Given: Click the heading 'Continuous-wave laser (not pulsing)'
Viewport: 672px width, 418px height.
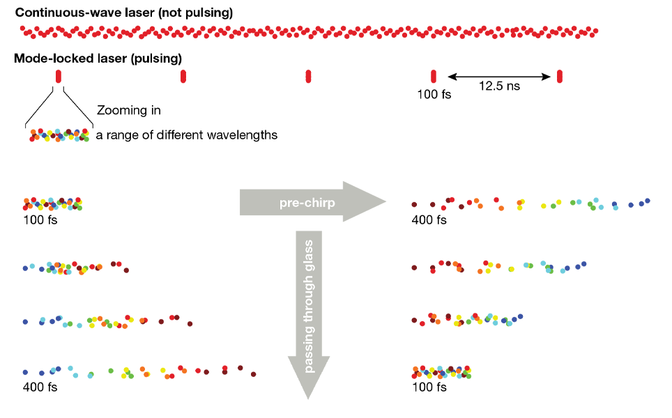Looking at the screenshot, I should tap(124, 13).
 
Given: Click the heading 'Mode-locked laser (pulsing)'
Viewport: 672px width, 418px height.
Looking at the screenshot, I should tap(98, 58).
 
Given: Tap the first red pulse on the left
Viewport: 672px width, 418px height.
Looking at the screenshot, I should tap(58, 76).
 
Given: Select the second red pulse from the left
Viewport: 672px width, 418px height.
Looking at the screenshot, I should tap(183, 76).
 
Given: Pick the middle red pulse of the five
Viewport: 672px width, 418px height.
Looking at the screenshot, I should tap(308, 76).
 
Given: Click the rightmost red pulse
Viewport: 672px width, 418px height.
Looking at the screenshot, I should tap(560, 76).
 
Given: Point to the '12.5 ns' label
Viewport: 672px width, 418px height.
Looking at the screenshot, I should tap(499, 87).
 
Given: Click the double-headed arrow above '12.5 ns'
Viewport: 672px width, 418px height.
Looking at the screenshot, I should tap(499, 76).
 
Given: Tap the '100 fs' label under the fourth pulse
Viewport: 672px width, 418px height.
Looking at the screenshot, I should tap(434, 94).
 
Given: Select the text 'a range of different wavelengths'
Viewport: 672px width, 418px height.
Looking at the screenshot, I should tap(187, 135).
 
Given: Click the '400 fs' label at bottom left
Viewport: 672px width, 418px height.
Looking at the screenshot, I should tap(40, 387).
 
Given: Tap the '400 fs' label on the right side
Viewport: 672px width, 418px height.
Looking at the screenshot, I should tap(429, 220).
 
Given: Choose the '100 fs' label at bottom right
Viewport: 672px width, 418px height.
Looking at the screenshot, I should tap(429, 387).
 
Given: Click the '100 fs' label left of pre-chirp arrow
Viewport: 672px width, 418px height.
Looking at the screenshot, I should tap(40, 220).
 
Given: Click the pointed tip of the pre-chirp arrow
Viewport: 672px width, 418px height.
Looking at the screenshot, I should tap(385, 202).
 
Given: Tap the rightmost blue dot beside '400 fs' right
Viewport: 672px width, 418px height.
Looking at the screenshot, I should tap(648, 201).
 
